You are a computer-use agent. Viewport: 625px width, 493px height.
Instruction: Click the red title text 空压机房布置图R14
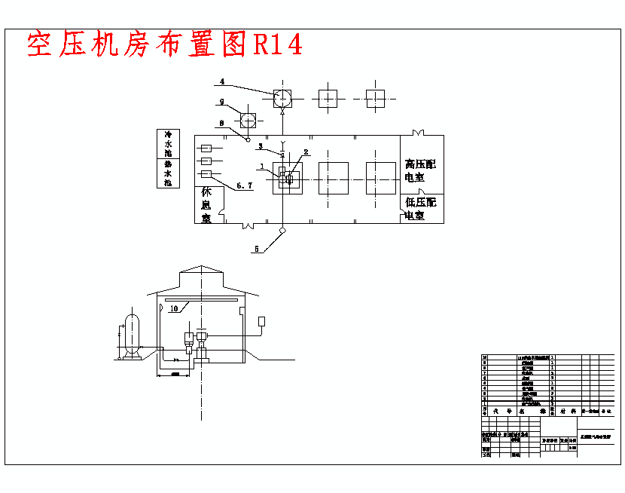pyautogui.click(x=165, y=45)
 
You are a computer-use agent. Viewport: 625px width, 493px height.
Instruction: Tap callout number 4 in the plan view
pyautogui.click(x=222, y=81)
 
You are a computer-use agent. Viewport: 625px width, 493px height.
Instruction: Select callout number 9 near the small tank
pyautogui.click(x=222, y=101)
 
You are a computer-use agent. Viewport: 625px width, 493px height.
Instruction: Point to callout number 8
pyautogui.click(x=221, y=123)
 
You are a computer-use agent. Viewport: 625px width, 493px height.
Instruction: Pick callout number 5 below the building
pyautogui.click(x=256, y=249)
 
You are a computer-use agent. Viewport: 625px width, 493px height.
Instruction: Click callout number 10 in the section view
pyautogui.click(x=173, y=308)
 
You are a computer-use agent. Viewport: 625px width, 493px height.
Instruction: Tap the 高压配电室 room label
pyautogui.click(x=419, y=170)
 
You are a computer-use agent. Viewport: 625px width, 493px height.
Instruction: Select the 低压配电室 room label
pyautogui.click(x=419, y=209)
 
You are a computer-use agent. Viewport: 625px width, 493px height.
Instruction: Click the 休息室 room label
pyautogui.click(x=206, y=205)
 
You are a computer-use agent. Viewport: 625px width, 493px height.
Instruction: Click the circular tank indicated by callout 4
pyautogui.click(x=282, y=98)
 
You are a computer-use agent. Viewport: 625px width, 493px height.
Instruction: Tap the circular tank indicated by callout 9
pyautogui.click(x=248, y=121)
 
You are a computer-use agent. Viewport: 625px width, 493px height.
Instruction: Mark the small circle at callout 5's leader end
pyautogui.click(x=282, y=229)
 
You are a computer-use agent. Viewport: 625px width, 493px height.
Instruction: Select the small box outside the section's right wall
pyautogui.click(x=261, y=322)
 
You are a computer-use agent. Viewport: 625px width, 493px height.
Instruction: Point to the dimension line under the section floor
pyautogui.click(x=175, y=375)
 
